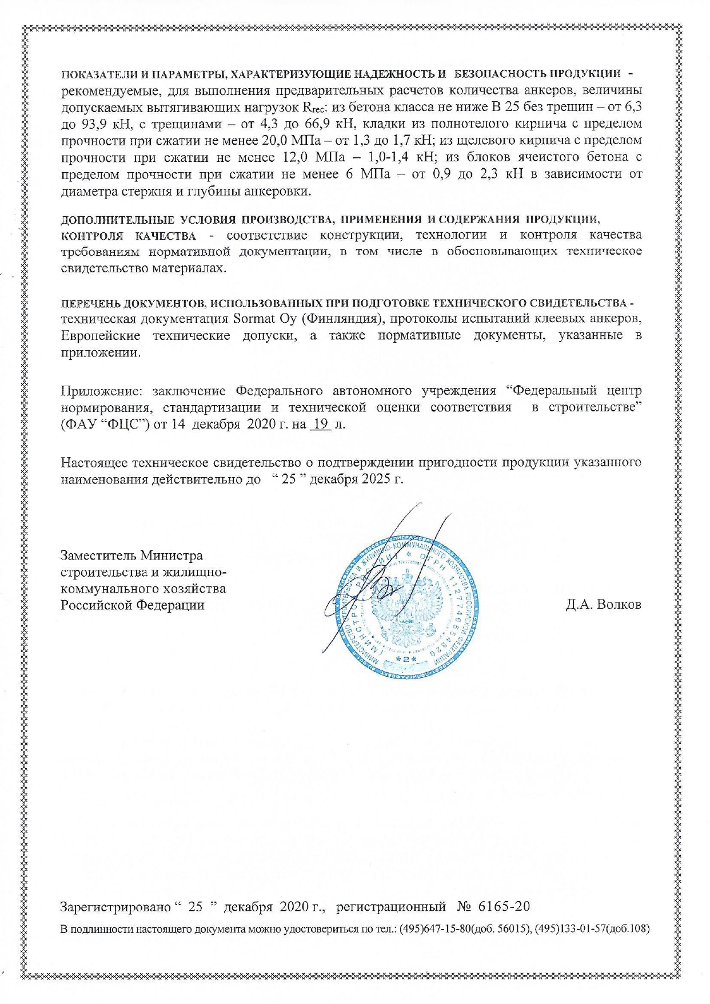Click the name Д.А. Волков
pos(603,605)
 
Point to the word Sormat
pos(255,319)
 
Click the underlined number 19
pos(320,424)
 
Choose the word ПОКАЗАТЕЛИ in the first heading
pos(94,74)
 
